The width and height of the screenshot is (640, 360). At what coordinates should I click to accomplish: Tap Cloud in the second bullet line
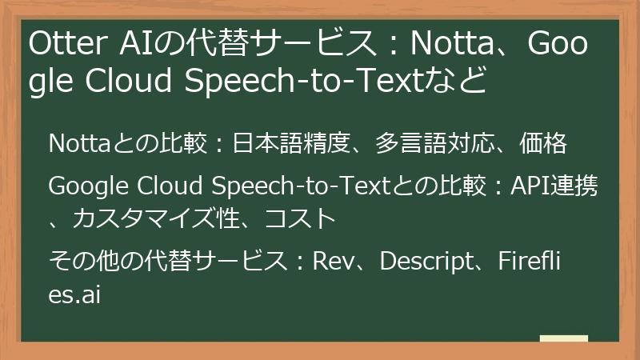click(166, 187)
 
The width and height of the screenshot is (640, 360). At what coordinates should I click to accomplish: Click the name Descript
click(426, 261)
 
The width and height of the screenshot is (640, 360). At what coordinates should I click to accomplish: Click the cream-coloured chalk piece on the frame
click(563, 339)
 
